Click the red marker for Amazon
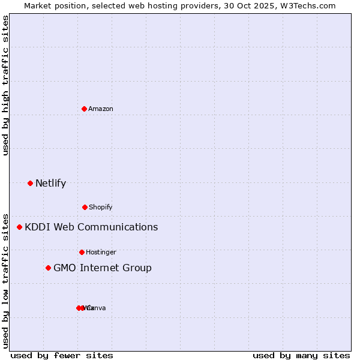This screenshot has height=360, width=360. [84, 109]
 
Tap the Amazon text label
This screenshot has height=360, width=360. [101, 109]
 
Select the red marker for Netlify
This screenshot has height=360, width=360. [30, 183]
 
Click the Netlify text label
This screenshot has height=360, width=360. [50, 183]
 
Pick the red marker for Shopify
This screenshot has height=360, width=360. [85, 207]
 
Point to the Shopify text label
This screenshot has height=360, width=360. [101, 207]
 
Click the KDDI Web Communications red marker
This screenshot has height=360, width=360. [19, 227]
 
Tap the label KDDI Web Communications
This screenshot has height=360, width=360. [91, 227]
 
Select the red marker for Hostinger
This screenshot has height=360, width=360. [82, 252]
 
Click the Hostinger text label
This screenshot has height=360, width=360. [101, 252]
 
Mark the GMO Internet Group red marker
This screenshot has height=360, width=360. [48, 268]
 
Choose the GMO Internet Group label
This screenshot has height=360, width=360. [103, 268]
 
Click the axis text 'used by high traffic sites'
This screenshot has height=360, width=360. [6, 86]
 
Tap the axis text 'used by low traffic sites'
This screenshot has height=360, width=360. [6, 280]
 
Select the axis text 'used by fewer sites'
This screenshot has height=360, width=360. [62, 355]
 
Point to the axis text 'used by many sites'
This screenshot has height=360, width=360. [301, 355]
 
